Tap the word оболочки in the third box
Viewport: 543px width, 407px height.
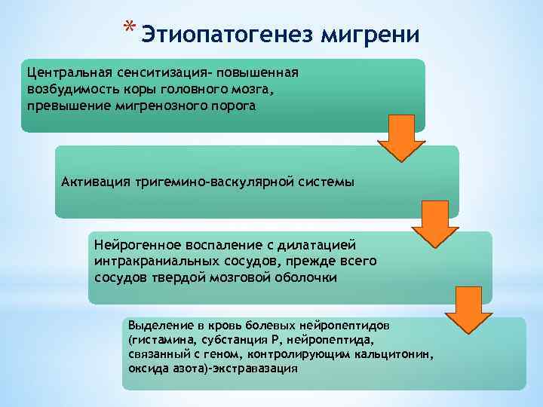point(305,277)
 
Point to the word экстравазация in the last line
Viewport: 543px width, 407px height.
point(259,369)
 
